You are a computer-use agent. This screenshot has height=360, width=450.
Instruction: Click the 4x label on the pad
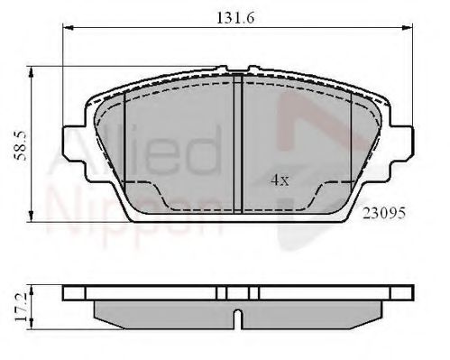point(280,180)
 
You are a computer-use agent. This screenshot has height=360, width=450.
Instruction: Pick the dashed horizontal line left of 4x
point(140,182)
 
